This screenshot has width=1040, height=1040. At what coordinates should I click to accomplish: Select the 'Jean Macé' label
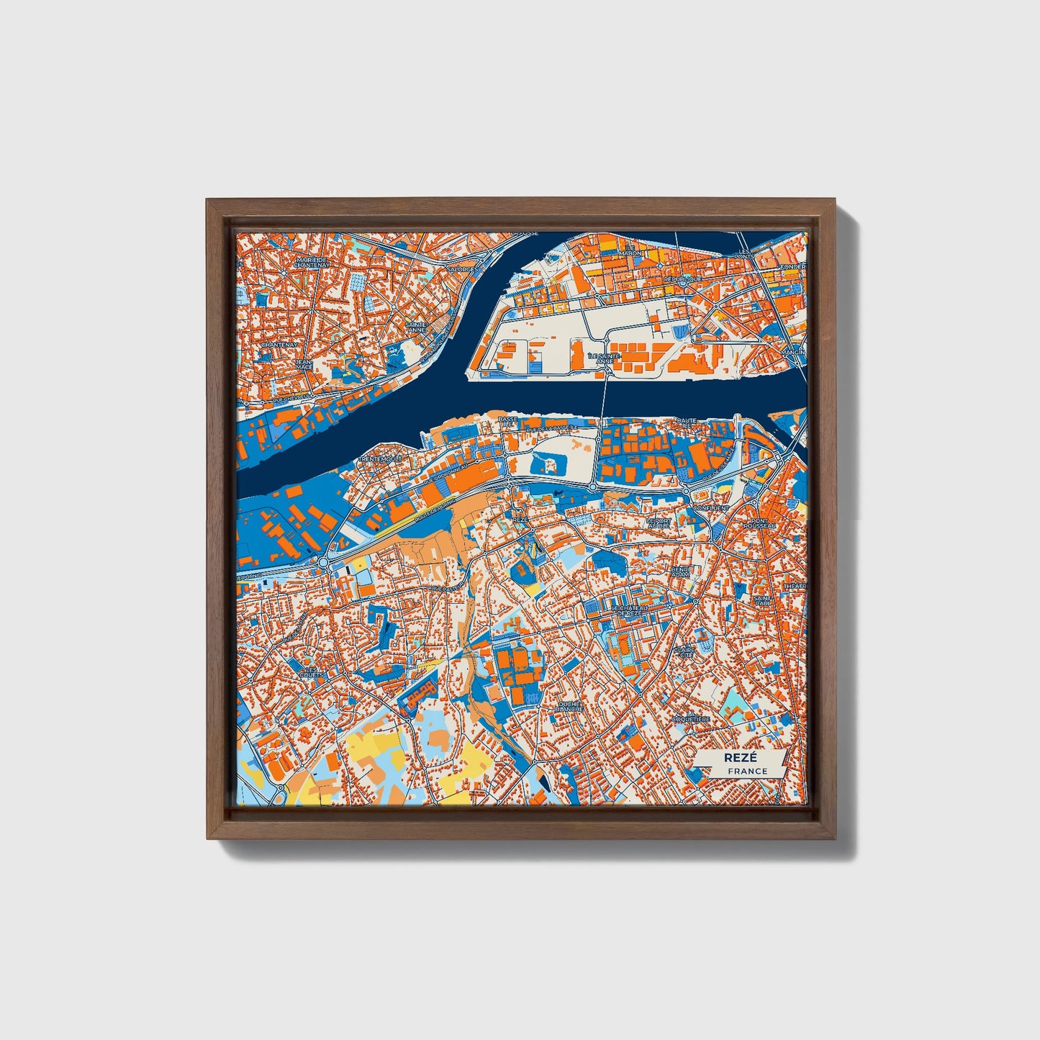(304, 365)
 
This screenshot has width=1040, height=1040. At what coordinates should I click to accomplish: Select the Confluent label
(711, 508)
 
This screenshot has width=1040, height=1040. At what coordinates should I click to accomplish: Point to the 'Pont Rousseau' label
(759, 523)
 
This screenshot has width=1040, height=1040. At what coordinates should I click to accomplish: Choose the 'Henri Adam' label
(679, 571)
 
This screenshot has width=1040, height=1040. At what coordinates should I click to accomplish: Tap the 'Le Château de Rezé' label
(630, 610)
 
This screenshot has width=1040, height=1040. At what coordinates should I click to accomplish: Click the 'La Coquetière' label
(692, 716)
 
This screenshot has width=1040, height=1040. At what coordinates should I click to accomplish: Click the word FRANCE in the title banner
(747, 771)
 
